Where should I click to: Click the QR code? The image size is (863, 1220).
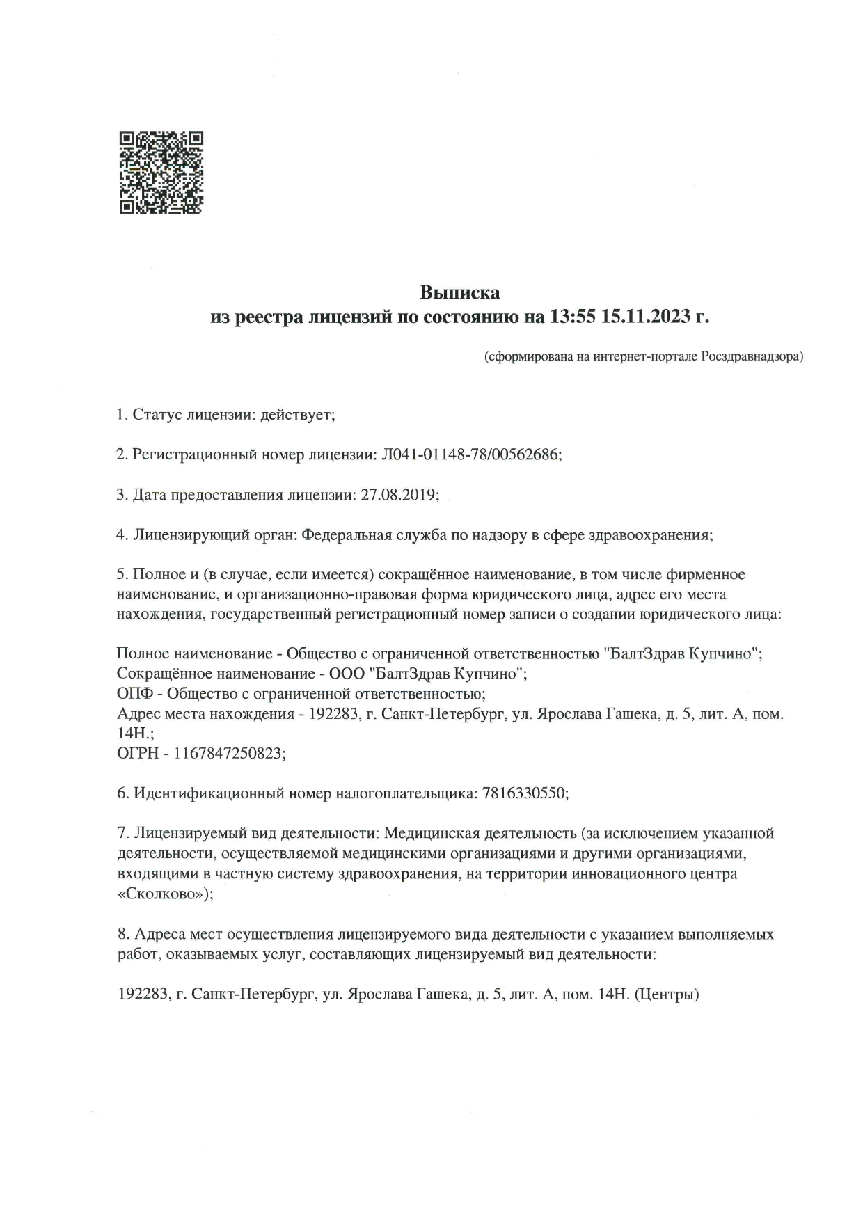point(161,172)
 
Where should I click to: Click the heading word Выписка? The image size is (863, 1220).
point(459,291)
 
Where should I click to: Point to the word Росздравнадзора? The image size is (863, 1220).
point(752,357)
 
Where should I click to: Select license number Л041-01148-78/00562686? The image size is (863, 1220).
point(472,454)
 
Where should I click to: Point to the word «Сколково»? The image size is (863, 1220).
point(165,894)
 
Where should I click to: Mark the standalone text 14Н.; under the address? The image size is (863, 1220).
point(135,733)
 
